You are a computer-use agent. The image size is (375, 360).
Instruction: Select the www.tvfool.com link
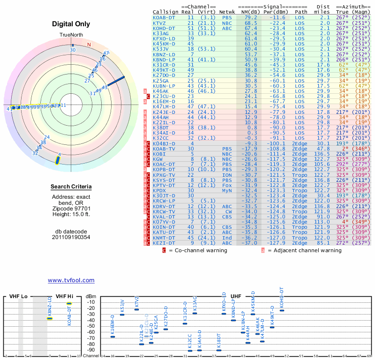(x=71, y=280)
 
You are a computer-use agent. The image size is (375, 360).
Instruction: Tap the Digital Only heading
(x=71, y=24)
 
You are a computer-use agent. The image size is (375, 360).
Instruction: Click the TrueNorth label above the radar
(x=71, y=36)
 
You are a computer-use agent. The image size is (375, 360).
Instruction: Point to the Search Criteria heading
(x=71, y=187)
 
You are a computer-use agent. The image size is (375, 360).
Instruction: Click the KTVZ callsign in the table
(x=159, y=23)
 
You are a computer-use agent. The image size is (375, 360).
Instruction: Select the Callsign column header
(x=165, y=12)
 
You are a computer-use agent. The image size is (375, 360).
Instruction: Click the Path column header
(x=301, y=12)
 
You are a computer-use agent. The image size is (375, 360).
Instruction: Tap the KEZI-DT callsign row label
(x=164, y=243)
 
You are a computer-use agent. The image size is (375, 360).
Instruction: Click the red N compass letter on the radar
(x=89, y=45)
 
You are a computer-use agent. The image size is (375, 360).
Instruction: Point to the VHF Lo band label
(x=18, y=296)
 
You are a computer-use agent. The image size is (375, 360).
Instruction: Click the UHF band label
(x=236, y=296)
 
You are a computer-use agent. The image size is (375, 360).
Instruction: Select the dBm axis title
(x=90, y=296)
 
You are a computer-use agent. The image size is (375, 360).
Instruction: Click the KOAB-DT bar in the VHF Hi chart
(x=69, y=303)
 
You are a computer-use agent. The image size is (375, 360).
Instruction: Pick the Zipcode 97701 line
(x=71, y=208)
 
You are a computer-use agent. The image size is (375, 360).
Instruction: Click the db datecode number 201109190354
(x=71, y=237)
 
